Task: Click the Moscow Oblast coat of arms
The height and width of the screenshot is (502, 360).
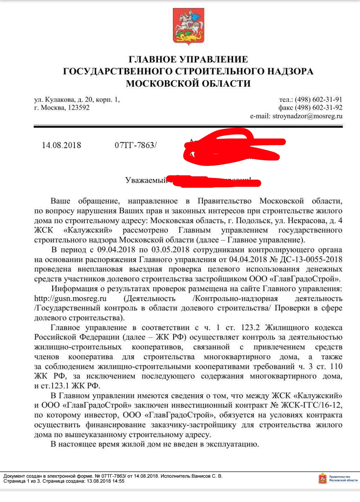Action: (188, 27)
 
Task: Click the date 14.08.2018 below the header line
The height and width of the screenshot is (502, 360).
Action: (61, 145)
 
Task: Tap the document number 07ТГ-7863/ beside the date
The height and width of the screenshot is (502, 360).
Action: (135, 145)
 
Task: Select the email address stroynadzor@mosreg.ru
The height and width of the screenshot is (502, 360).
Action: (307, 116)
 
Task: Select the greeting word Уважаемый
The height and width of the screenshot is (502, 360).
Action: (146, 180)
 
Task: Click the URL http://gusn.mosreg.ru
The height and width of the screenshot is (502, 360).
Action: (70, 299)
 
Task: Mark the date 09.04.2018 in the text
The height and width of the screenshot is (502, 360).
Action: (116, 250)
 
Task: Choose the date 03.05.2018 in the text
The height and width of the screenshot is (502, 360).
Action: (170, 250)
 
